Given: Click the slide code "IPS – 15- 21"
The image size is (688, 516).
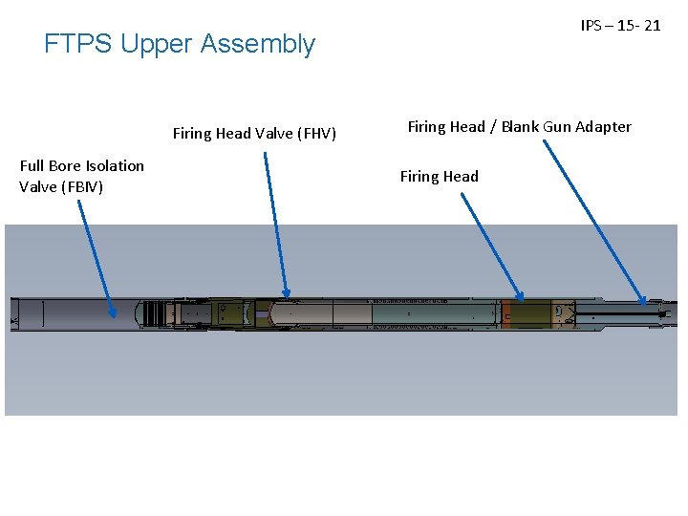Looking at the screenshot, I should point(620,26).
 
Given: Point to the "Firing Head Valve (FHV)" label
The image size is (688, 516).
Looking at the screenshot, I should point(254,134).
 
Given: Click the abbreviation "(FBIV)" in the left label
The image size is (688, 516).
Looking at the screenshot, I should point(82,186).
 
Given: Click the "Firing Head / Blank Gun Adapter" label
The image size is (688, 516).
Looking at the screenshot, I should point(519,127).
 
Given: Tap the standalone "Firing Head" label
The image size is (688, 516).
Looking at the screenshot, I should point(439,177).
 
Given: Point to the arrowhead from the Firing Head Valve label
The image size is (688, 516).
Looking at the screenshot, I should point(286,294).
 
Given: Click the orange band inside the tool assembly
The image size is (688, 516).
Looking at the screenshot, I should point(507,313).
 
